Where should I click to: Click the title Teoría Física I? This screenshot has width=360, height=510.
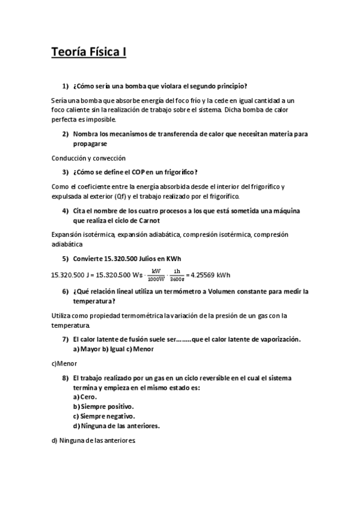click(x=88, y=52)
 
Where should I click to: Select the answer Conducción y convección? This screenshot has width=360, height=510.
click(x=88, y=158)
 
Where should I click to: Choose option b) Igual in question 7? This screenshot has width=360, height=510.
click(x=111, y=349)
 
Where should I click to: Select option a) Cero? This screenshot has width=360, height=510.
click(x=85, y=398)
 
